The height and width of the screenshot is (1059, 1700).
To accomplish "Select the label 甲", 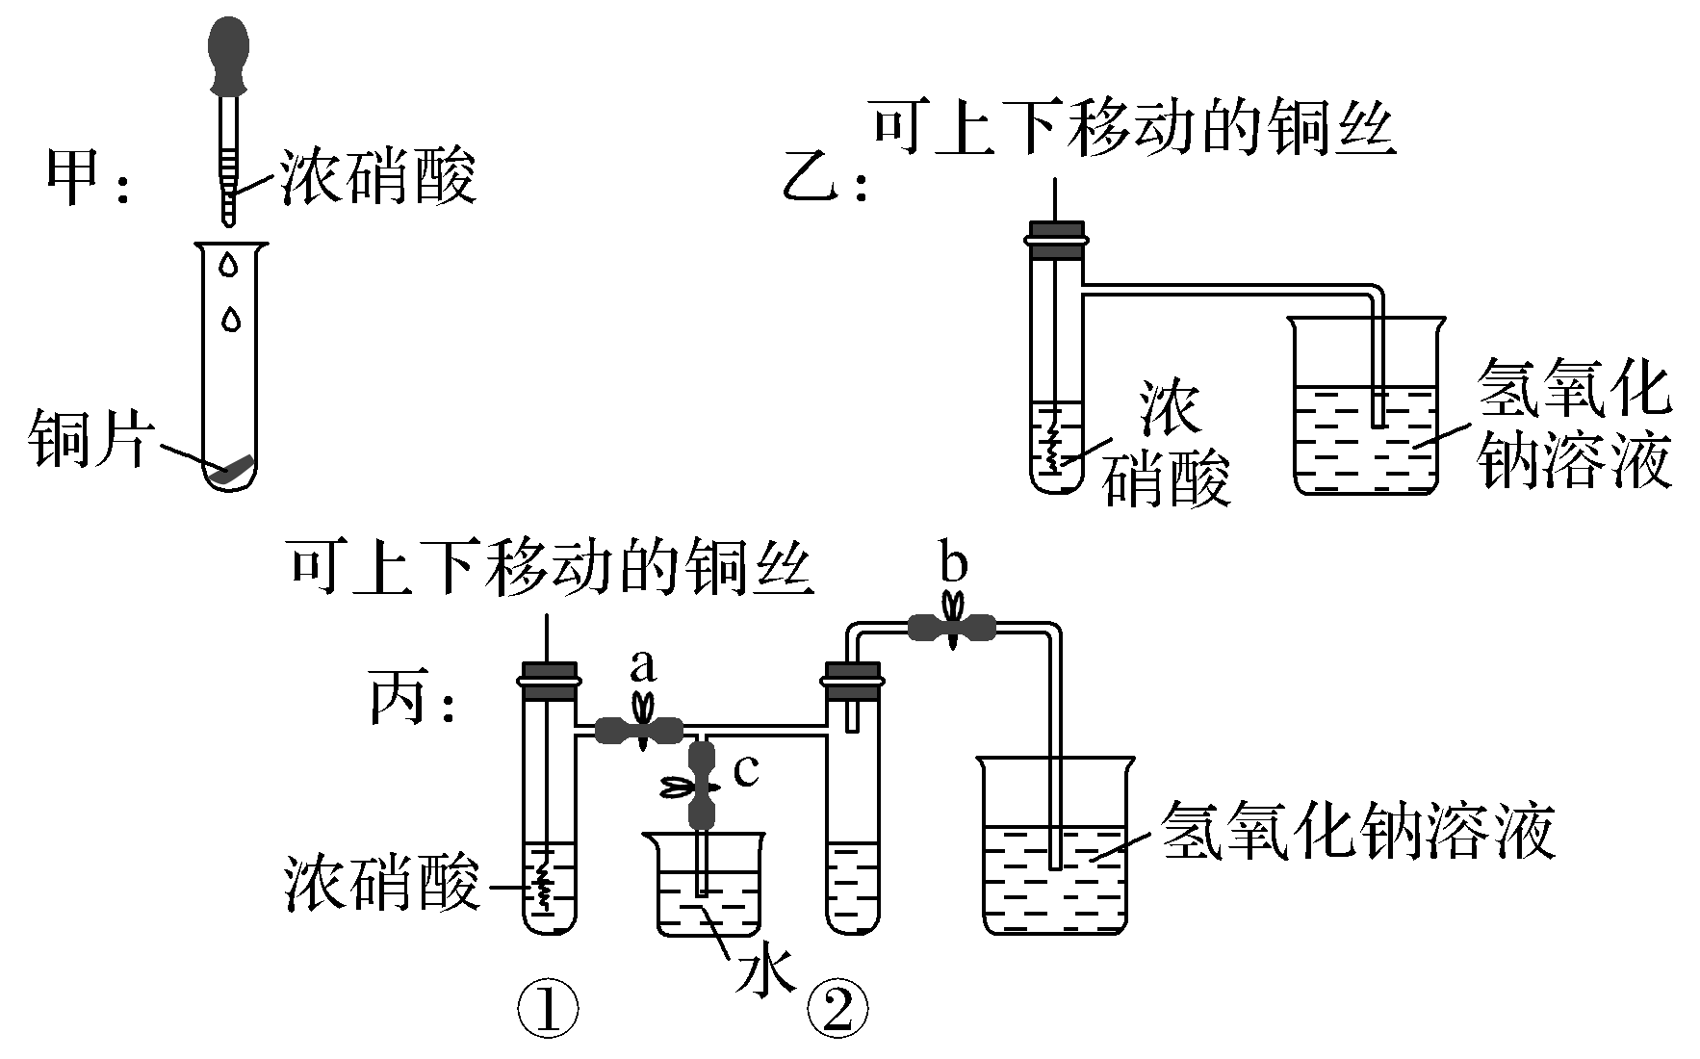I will coord(75,179).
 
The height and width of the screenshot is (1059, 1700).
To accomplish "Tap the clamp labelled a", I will coord(640,730).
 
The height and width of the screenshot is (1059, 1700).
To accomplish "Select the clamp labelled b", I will coord(952,629).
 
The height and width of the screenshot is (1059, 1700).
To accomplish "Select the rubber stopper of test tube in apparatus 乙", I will coord(1056,240).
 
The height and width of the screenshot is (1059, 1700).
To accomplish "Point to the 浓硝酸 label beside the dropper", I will coord(378,179).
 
